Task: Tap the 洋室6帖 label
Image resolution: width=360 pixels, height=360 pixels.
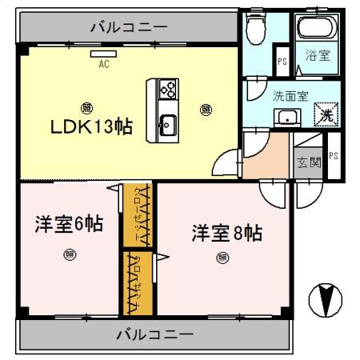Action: click(68, 225)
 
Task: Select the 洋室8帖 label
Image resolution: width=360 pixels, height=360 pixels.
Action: click(226, 233)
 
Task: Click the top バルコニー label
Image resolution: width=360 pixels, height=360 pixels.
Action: click(129, 26)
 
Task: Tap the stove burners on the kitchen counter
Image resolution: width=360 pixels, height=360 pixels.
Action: click(168, 89)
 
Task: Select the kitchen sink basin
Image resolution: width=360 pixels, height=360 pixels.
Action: click(168, 124)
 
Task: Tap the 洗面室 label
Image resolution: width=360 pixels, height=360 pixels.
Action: click(291, 94)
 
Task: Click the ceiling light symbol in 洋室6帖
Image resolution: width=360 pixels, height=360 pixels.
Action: click(67, 256)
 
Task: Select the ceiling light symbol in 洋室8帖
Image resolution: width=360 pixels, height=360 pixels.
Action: click(222, 258)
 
